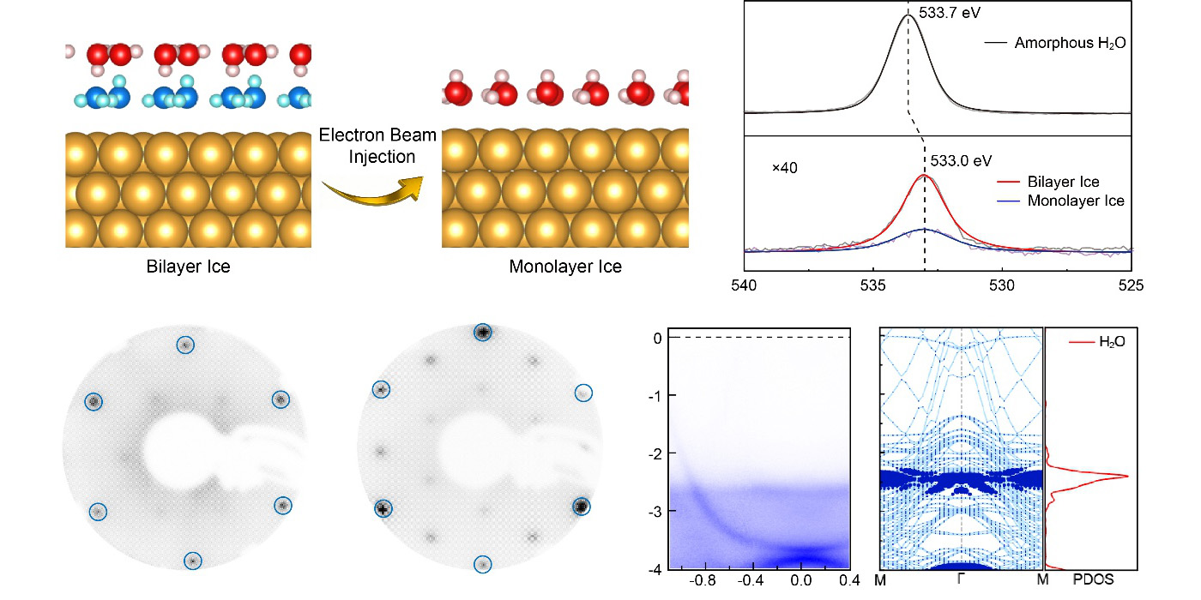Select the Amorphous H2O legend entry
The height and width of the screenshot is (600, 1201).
click(x=1070, y=42)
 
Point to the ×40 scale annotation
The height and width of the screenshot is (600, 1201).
click(x=784, y=168)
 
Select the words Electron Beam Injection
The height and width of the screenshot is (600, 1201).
click(x=377, y=146)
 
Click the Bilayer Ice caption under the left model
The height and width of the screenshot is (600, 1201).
click(x=188, y=267)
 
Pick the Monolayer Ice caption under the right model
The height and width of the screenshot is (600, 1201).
click(x=565, y=267)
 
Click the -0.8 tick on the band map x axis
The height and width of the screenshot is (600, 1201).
click(x=704, y=579)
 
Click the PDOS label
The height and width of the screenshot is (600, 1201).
click(x=1090, y=580)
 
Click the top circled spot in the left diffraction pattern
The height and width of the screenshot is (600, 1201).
click(x=184, y=345)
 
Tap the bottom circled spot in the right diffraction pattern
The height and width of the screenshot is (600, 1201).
click(x=483, y=564)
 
